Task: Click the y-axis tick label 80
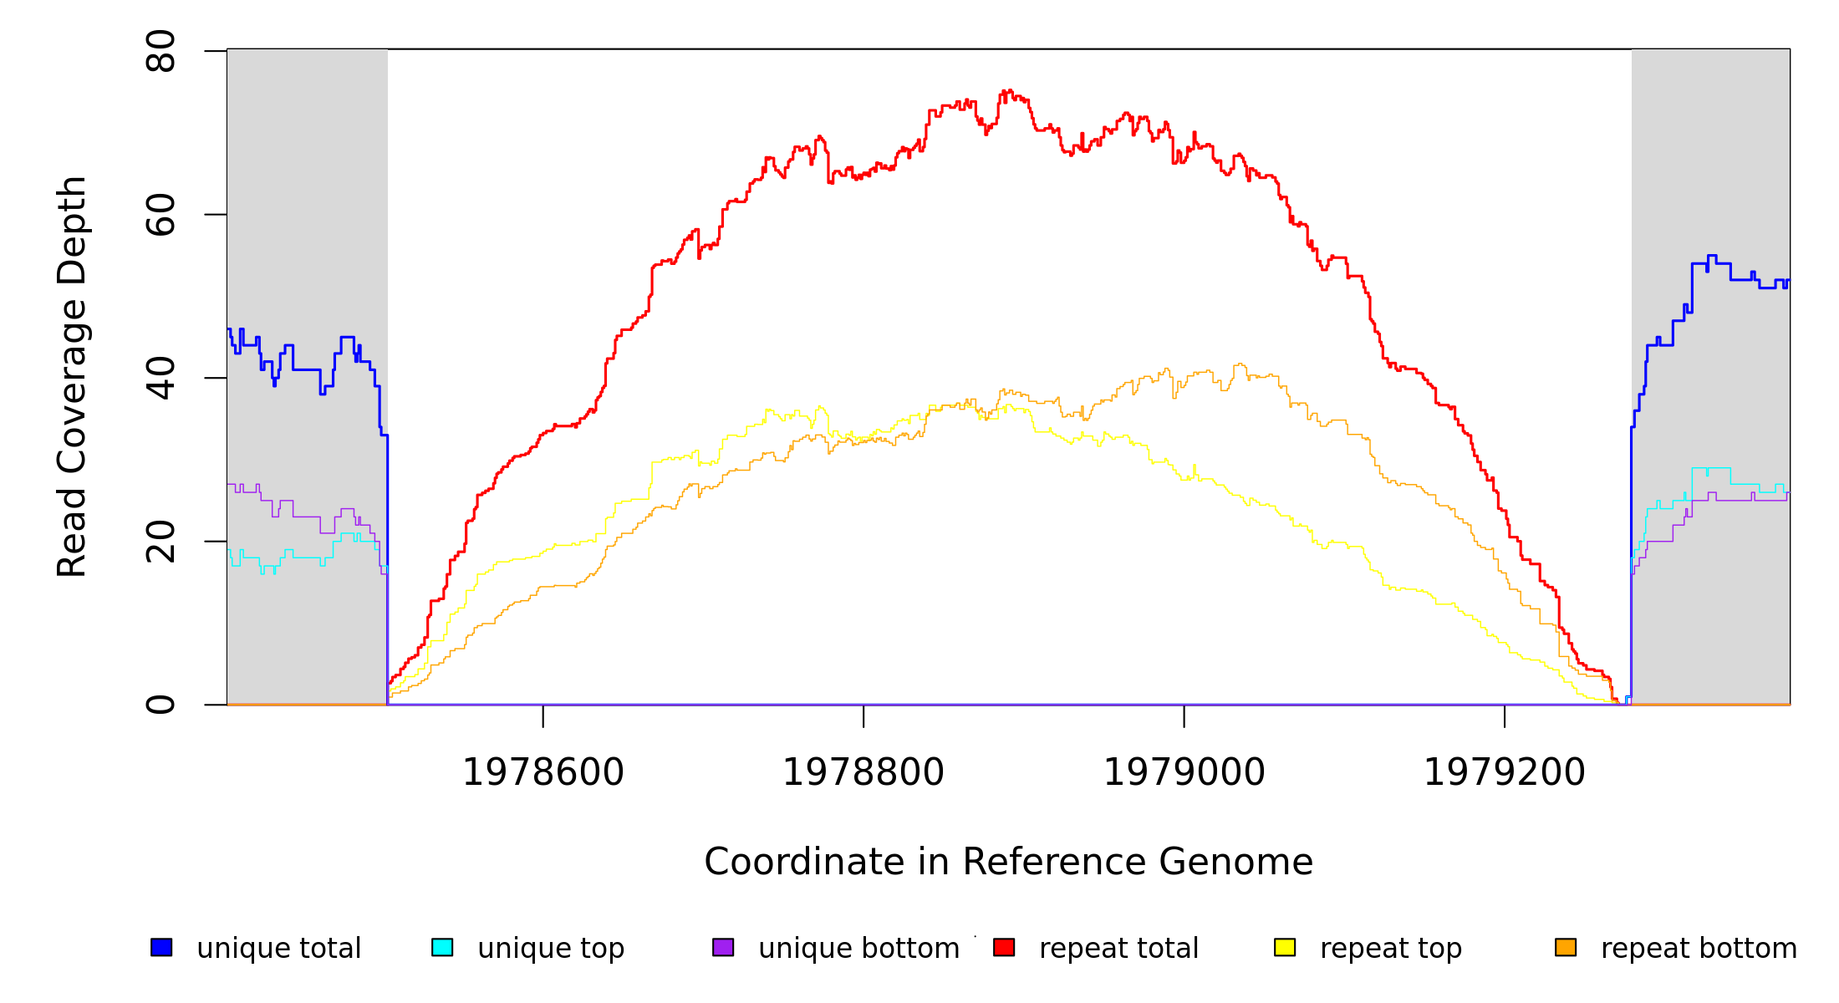click(x=160, y=52)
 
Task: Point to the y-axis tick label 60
click(x=160, y=215)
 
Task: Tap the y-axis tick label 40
click(x=160, y=378)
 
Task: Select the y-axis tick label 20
click(x=160, y=542)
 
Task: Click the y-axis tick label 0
click(x=160, y=705)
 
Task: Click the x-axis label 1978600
click(x=543, y=772)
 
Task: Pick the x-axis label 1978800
click(x=863, y=772)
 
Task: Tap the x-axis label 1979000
click(x=1184, y=772)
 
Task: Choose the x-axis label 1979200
click(x=1505, y=772)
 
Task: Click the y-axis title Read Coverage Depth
click(x=73, y=376)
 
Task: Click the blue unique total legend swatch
click(x=161, y=947)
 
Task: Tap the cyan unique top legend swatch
click(x=442, y=947)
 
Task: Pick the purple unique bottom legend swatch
click(x=723, y=947)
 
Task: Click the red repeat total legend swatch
click(x=1004, y=947)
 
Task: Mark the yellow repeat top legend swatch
click(x=1285, y=947)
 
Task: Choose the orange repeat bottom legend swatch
click(x=1566, y=947)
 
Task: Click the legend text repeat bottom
click(x=1699, y=949)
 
